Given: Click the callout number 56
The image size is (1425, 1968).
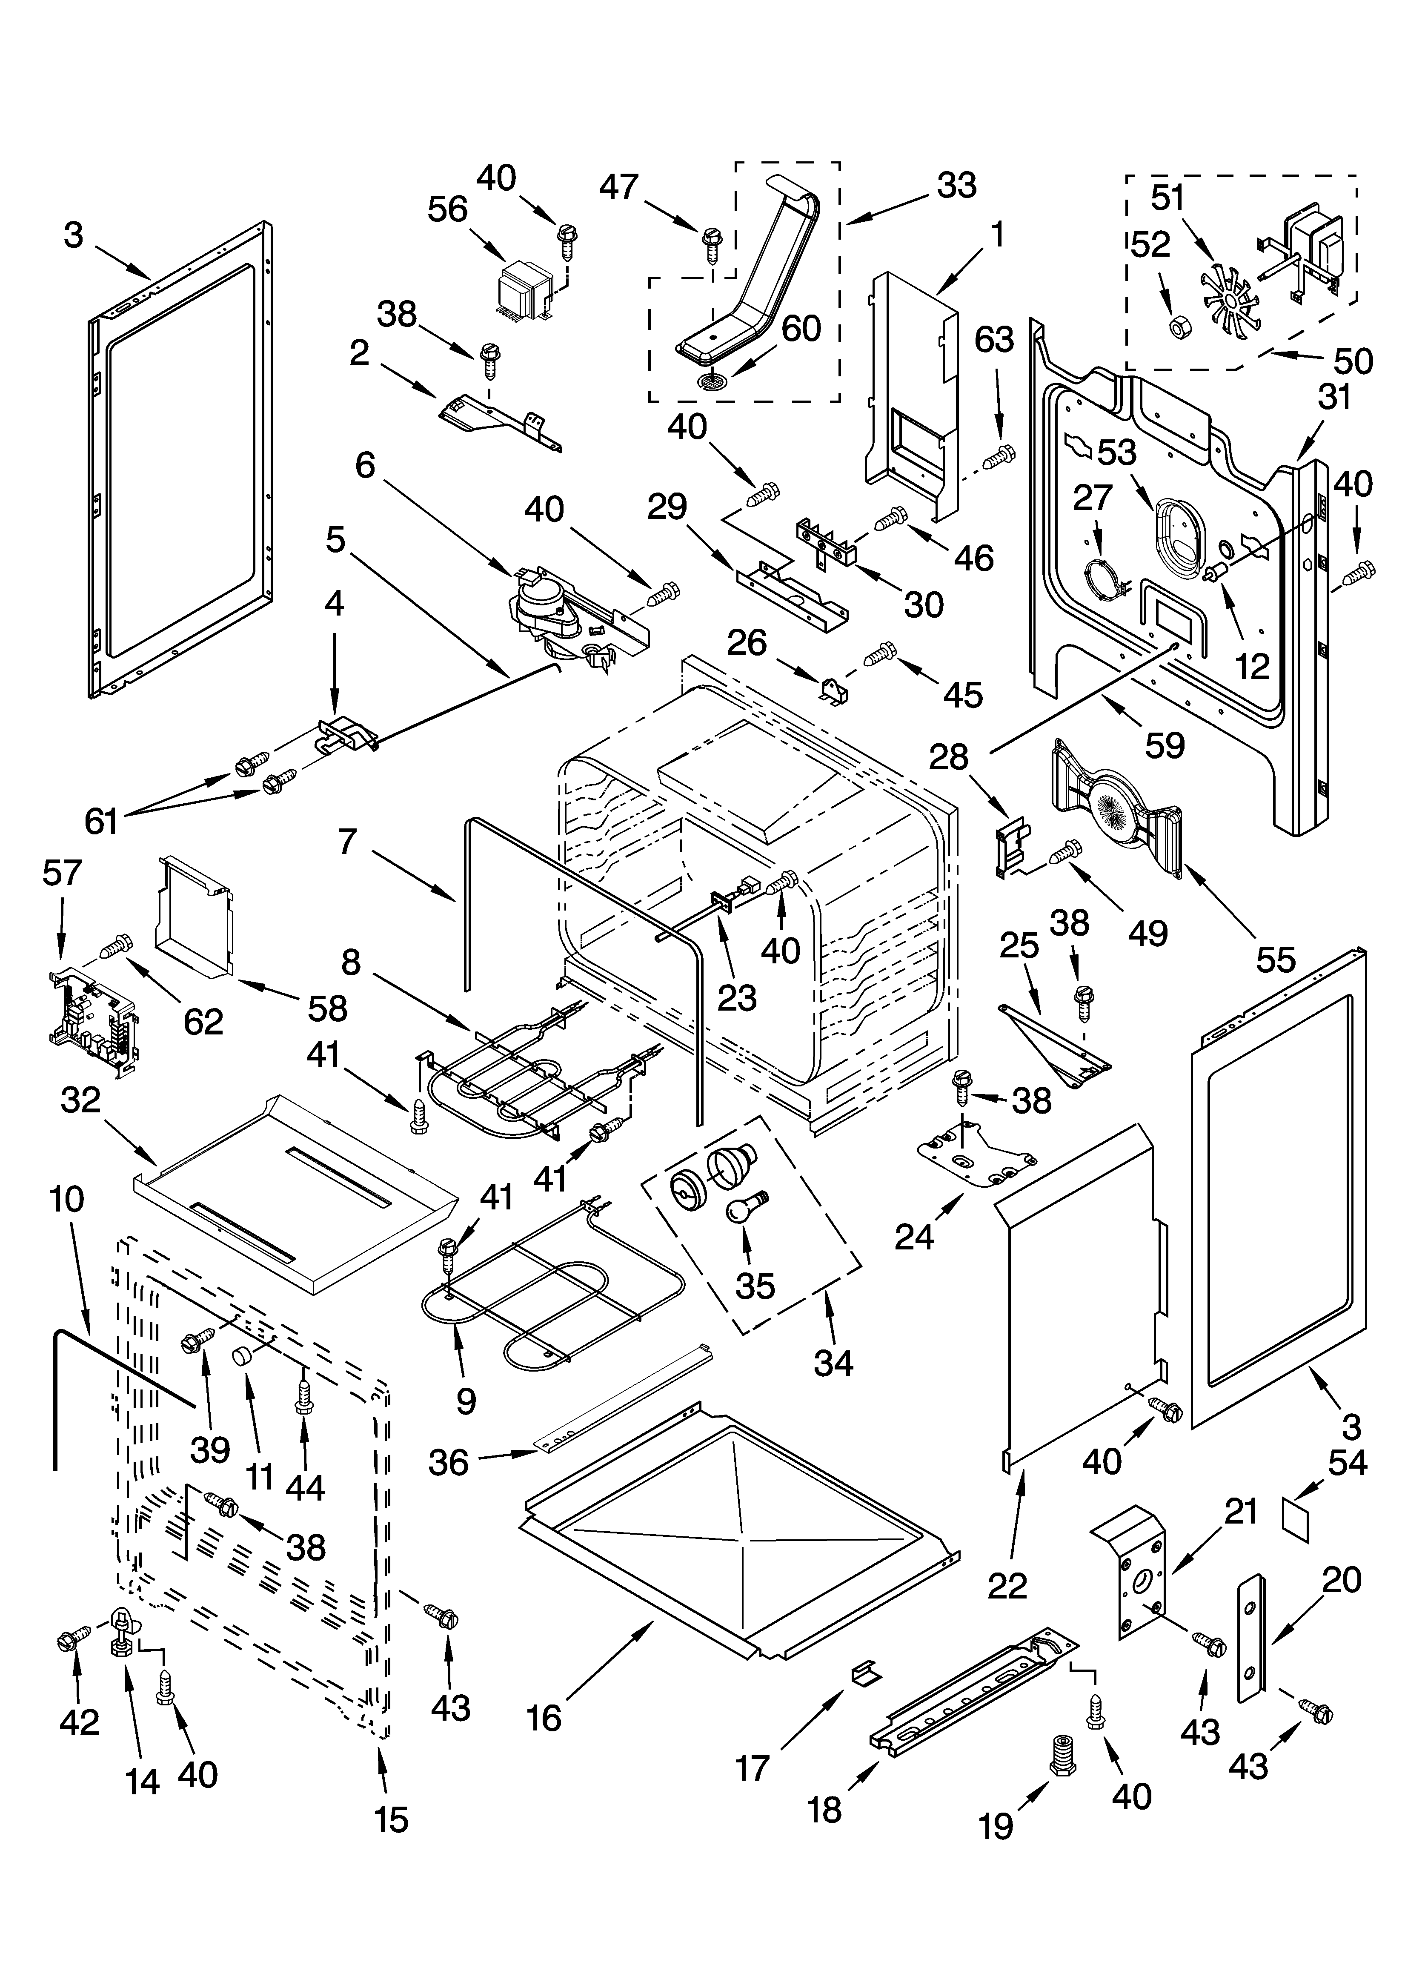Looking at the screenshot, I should point(448,210).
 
